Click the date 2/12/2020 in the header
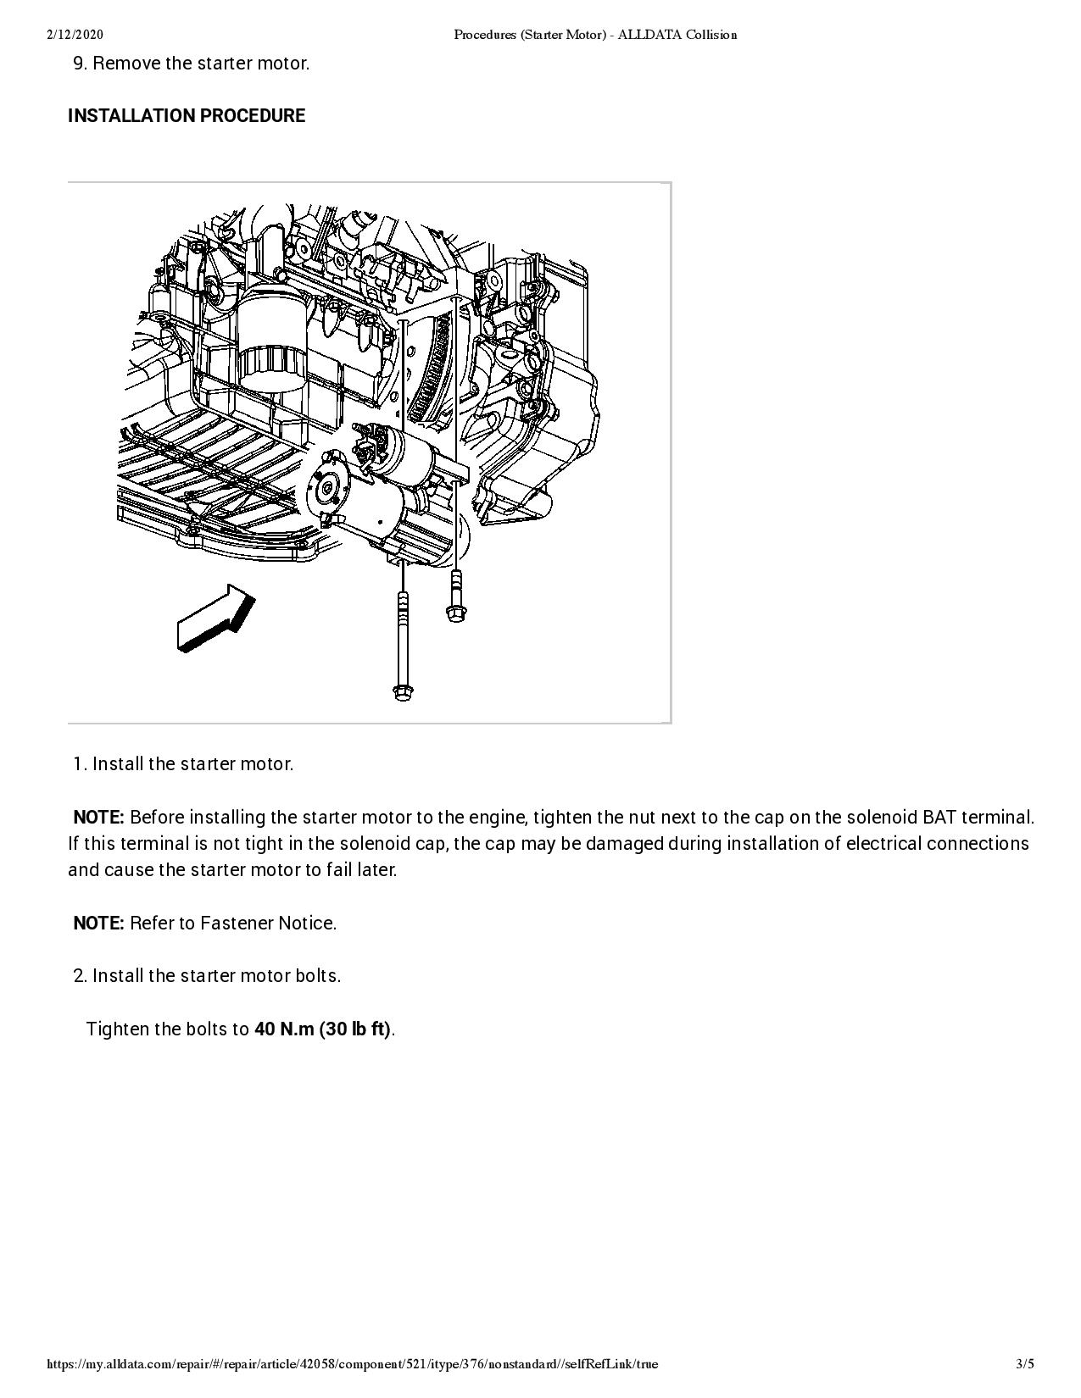[75, 35]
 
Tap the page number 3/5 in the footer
[1025, 1363]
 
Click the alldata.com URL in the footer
[352, 1363]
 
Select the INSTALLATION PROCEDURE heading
[187, 116]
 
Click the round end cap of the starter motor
[324, 486]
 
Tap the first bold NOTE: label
[98, 818]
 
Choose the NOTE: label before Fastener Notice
[98, 924]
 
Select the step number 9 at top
[80, 64]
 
